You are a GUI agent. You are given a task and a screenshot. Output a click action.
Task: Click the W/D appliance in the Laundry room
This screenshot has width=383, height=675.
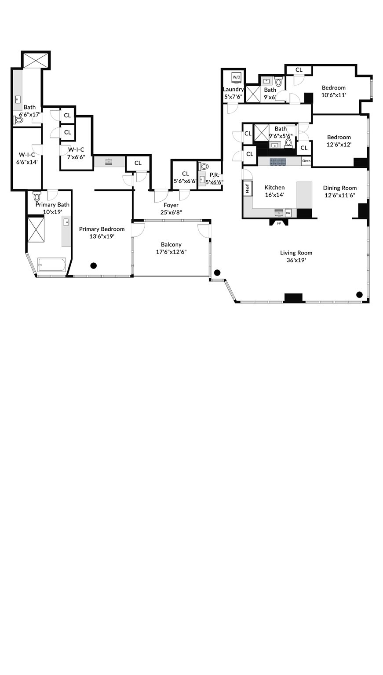(x=237, y=77)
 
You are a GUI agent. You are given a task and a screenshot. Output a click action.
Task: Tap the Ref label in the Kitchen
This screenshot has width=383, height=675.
(x=248, y=188)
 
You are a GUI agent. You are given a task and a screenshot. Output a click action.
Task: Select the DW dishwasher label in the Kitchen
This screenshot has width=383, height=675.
(x=288, y=213)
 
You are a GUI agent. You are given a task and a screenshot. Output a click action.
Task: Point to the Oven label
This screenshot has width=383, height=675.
(x=306, y=161)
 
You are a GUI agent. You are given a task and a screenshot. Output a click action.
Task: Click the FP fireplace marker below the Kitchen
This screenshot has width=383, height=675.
(x=279, y=223)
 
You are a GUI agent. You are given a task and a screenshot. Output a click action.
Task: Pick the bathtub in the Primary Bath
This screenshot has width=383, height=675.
(x=51, y=265)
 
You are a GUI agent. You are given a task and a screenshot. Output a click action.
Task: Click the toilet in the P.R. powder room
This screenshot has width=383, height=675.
(x=204, y=167)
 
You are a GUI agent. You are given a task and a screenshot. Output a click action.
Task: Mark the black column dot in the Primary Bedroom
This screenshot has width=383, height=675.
(x=94, y=265)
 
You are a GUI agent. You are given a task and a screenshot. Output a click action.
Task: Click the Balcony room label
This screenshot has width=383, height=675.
(x=171, y=244)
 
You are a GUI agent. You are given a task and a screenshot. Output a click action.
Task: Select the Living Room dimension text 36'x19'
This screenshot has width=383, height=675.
(x=296, y=260)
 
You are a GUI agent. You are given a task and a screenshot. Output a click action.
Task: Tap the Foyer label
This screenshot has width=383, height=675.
(x=171, y=205)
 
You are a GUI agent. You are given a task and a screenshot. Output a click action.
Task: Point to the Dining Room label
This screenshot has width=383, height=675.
(x=339, y=188)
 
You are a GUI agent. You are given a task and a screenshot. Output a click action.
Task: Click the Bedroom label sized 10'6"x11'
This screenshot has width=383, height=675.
(x=333, y=87)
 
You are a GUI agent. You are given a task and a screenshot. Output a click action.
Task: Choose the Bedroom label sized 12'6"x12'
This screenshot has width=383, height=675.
(x=339, y=137)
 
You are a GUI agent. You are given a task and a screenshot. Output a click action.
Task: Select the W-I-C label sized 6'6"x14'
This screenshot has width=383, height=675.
(x=27, y=155)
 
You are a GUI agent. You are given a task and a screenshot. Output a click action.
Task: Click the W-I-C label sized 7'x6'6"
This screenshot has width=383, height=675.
(x=76, y=149)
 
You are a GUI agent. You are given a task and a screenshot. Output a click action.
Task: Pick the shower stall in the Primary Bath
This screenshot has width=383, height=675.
(x=36, y=229)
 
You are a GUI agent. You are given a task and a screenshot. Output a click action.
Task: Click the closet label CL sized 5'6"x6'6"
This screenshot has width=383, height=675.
(x=185, y=174)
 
